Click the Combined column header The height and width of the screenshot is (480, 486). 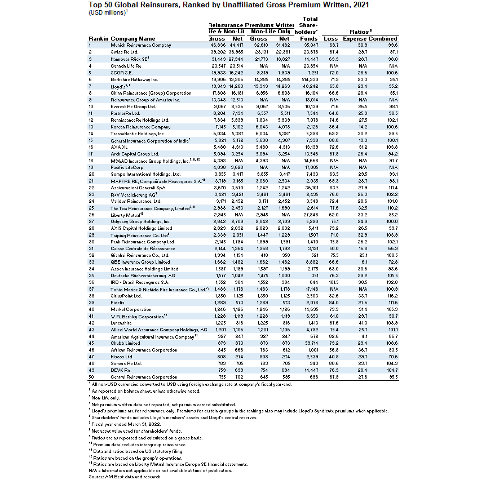click(x=383, y=38)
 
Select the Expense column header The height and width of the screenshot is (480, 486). click(x=354, y=38)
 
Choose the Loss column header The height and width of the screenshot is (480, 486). click(x=332, y=38)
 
